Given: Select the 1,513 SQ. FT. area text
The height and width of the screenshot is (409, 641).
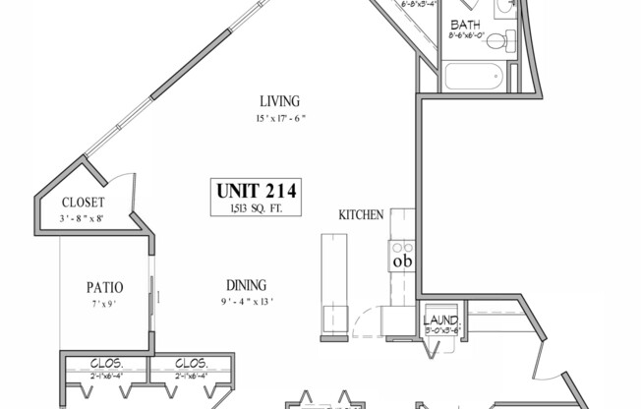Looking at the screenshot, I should coord(256,206).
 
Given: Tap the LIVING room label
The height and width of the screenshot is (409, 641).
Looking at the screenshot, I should coord(279,101).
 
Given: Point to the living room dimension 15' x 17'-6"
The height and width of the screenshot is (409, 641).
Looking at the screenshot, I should coord(279,119).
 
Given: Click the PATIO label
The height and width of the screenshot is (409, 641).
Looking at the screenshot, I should coord(104,288).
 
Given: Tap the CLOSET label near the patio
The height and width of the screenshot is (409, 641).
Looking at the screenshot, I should coord(83,203).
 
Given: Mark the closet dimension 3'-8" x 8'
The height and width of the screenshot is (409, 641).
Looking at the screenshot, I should coord(83,218).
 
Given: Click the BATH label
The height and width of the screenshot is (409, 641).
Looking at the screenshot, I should coord(464,25).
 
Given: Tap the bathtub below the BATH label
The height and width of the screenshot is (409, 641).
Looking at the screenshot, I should coord(473,77).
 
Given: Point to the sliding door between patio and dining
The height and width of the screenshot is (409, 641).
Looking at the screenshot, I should coord(154,292).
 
